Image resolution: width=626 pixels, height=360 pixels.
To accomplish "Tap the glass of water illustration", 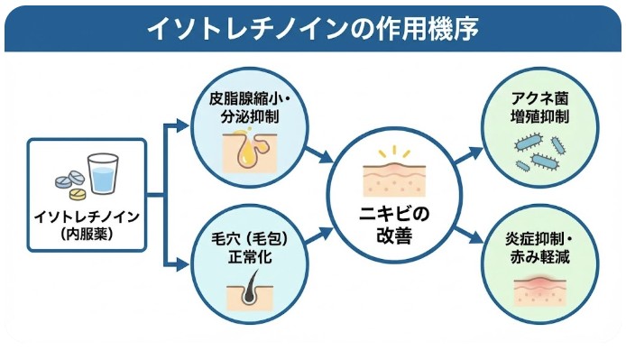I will pyautogui.click(x=103, y=175).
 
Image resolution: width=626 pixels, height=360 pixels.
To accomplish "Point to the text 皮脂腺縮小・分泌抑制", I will pyautogui.click(x=245, y=106).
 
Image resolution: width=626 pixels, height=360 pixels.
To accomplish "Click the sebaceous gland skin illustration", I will pyautogui.click(x=245, y=149).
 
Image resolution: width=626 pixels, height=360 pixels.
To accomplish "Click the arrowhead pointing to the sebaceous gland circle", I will pyautogui.click(x=187, y=127).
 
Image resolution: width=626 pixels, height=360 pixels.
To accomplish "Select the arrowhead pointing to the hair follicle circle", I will pyautogui.click(x=187, y=264).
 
